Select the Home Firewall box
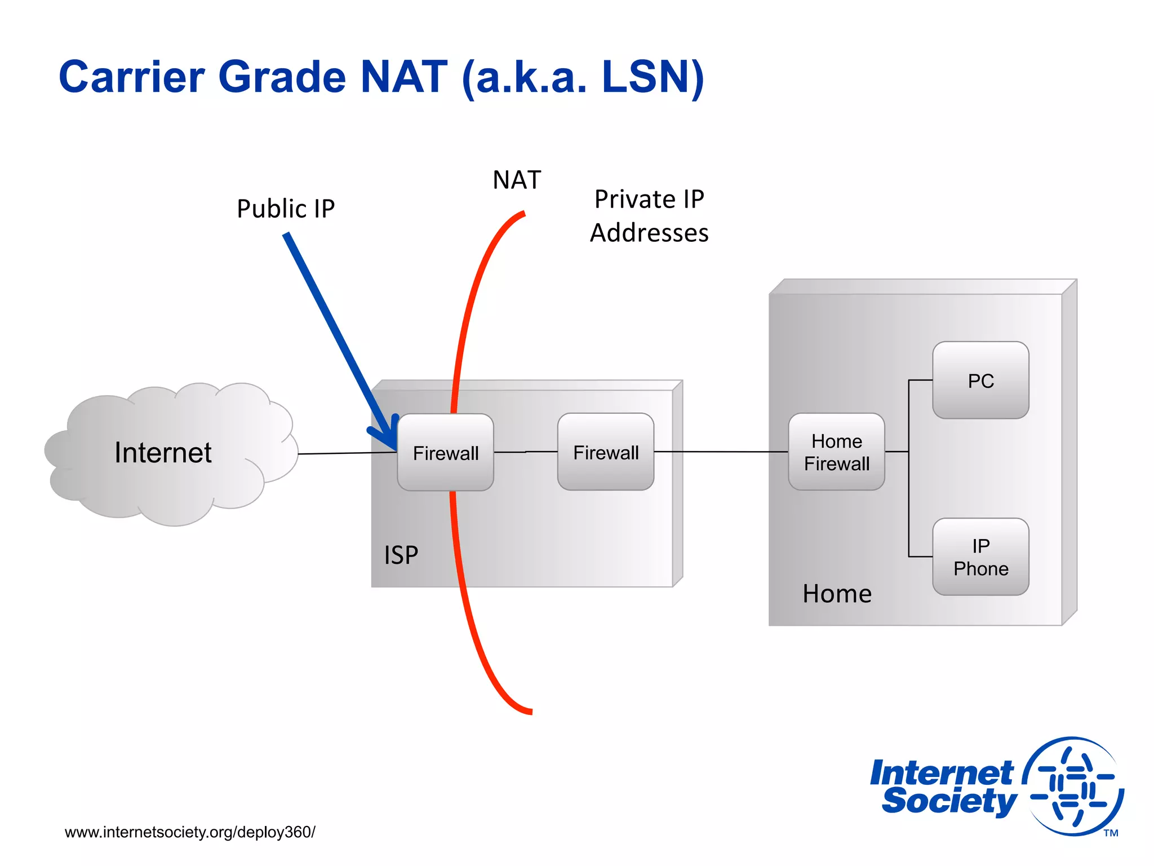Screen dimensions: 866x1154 coord(836,452)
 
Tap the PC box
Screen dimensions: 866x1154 coord(980,381)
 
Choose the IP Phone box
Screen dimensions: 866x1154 coord(980,557)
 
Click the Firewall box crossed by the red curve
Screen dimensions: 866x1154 coord(445,453)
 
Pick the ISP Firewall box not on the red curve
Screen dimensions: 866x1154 coord(606,452)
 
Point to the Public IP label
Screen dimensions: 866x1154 coord(286,209)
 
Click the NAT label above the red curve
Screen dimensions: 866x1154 coord(516,180)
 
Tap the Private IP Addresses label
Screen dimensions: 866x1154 coord(649,216)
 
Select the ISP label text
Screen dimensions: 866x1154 coord(401,555)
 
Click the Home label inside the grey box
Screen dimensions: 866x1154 coord(837,594)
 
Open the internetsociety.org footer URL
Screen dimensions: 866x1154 coord(190,832)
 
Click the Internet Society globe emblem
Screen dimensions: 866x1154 coord(1073,786)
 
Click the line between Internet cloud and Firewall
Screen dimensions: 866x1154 coord(347,453)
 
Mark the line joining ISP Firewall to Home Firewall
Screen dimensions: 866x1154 coord(721,452)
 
